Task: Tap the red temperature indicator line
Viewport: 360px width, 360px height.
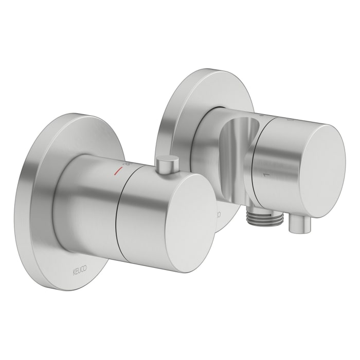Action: (119, 169)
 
